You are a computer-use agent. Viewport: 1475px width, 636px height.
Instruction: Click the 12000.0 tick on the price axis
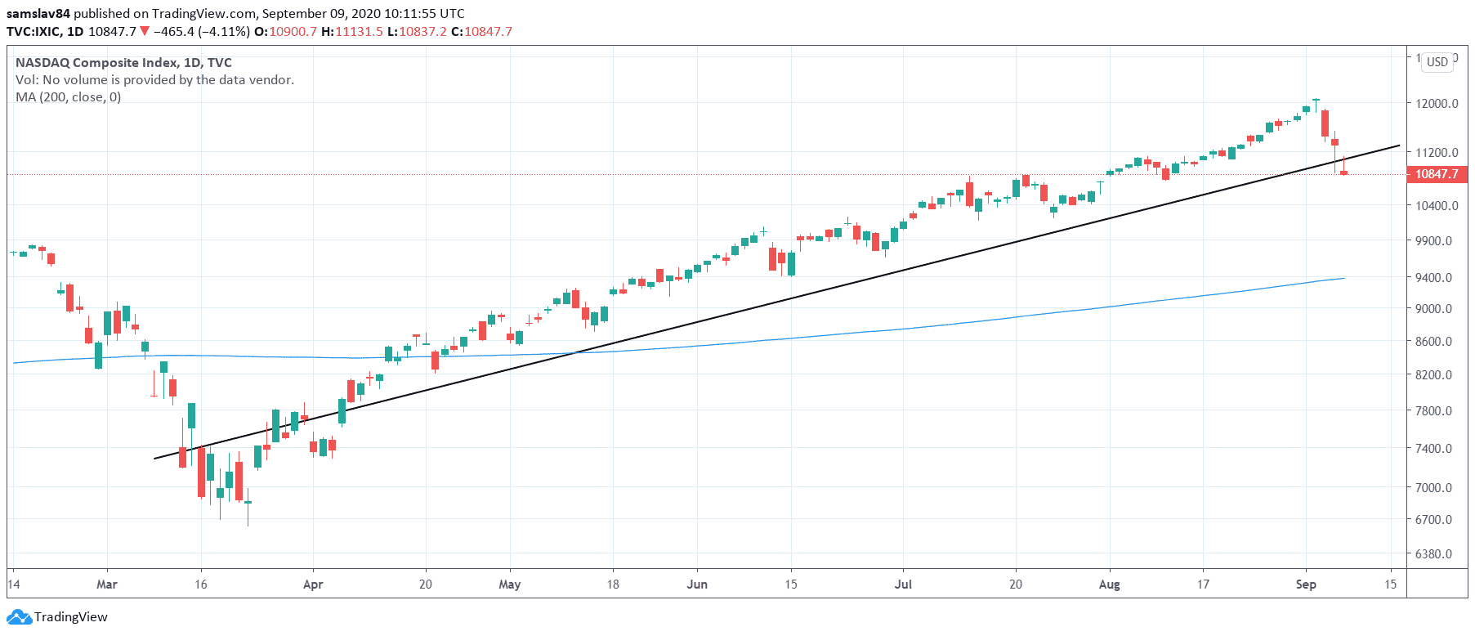(1437, 104)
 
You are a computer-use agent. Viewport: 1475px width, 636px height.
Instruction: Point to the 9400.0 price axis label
(1433, 278)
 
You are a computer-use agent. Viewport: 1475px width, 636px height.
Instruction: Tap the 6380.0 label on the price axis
(1433, 554)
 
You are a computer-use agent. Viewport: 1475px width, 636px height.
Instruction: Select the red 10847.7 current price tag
(1437, 174)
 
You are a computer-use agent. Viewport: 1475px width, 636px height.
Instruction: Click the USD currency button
(1437, 62)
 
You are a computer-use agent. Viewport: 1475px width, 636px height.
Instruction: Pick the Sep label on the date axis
(1306, 584)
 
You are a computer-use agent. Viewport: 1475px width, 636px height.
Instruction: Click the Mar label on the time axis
(107, 584)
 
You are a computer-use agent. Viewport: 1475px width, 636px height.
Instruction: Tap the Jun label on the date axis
(697, 584)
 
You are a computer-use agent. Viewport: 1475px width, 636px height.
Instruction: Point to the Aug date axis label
(1109, 584)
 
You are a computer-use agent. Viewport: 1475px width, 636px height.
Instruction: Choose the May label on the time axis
(509, 584)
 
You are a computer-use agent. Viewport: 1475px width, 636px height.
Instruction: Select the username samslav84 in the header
(38, 14)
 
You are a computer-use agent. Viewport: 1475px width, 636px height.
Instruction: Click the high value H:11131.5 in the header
(351, 32)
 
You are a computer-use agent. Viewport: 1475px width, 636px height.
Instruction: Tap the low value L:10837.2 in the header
(417, 32)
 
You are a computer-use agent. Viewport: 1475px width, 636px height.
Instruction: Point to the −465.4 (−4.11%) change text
(201, 32)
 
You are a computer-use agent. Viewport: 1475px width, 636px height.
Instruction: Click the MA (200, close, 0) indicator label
(69, 97)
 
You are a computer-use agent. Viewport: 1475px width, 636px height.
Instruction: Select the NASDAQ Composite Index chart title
(123, 63)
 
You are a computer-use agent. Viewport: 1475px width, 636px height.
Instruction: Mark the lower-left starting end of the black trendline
(155, 459)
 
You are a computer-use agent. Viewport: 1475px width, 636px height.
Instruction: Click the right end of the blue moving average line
(1344, 279)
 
